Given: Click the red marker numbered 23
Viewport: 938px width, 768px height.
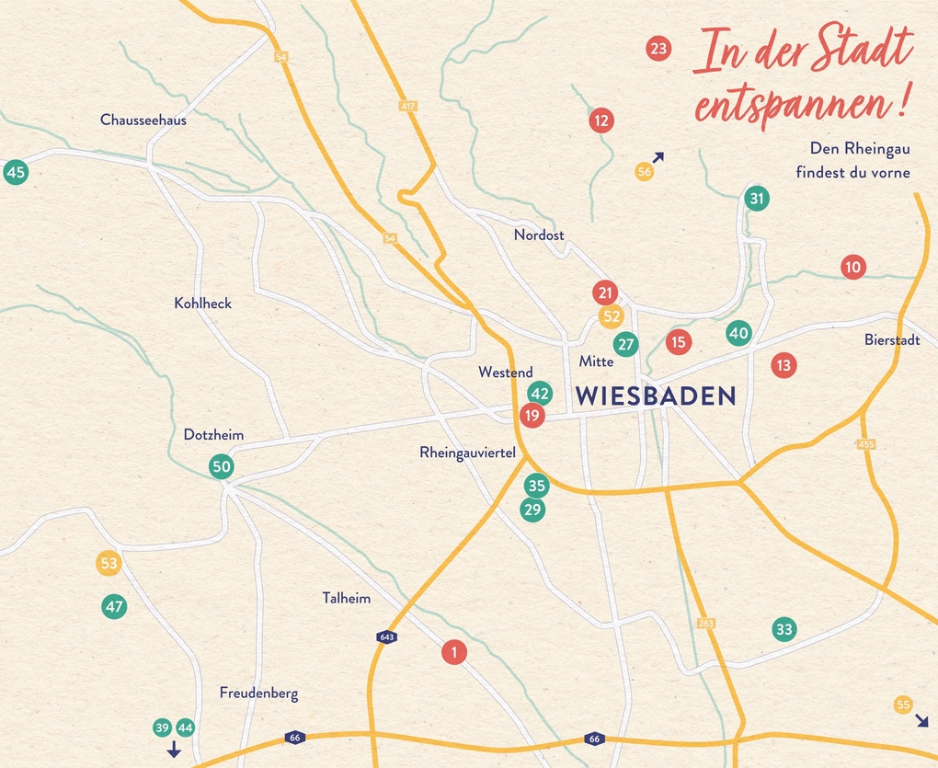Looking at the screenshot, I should click(x=658, y=49).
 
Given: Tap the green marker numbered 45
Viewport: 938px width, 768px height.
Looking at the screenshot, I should click(x=16, y=172).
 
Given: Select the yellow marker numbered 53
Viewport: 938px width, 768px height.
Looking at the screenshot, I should click(x=109, y=563).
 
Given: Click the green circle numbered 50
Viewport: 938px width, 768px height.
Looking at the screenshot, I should click(x=222, y=466).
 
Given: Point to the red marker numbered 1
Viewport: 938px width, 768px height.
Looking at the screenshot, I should click(x=454, y=652).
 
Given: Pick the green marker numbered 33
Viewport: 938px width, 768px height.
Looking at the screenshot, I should click(x=784, y=630).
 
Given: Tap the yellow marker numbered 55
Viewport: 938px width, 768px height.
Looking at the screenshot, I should click(x=903, y=705).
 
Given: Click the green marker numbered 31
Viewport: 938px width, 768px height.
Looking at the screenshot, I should click(x=756, y=198).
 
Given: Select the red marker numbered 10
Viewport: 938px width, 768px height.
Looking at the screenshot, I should click(x=852, y=268).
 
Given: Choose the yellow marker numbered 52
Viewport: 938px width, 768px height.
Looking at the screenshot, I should click(x=611, y=316).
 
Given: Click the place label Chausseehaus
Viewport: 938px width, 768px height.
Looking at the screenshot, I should click(x=143, y=120).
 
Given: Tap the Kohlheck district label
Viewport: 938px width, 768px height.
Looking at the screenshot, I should click(x=202, y=303).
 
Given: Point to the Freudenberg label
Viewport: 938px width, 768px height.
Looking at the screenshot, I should click(x=258, y=693).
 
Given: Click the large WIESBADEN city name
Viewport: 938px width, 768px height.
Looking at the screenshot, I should click(x=656, y=396).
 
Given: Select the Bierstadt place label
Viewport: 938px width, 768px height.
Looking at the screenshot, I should click(x=891, y=339).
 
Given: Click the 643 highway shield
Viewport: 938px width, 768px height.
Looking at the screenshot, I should click(x=386, y=636).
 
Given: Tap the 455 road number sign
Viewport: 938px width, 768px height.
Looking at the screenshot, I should click(x=865, y=444).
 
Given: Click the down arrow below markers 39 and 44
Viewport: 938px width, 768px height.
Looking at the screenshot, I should click(x=174, y=750).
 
